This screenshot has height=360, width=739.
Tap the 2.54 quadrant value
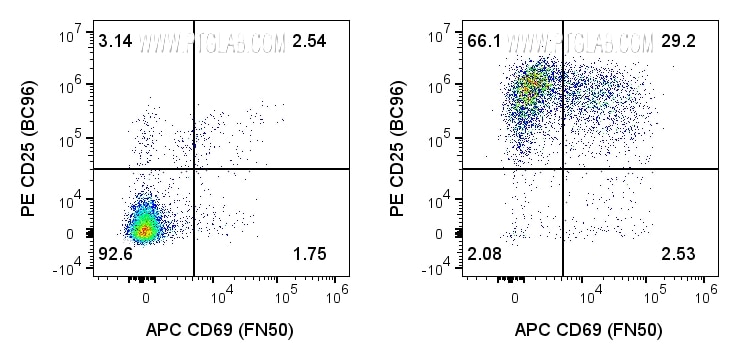click(310, 41)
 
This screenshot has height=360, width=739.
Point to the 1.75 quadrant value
click(310, 255)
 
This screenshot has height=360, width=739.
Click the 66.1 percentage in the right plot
click(483, 41)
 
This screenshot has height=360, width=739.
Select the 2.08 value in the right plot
click(483, 255)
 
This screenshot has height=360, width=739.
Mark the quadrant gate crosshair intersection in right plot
click(563, 169)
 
